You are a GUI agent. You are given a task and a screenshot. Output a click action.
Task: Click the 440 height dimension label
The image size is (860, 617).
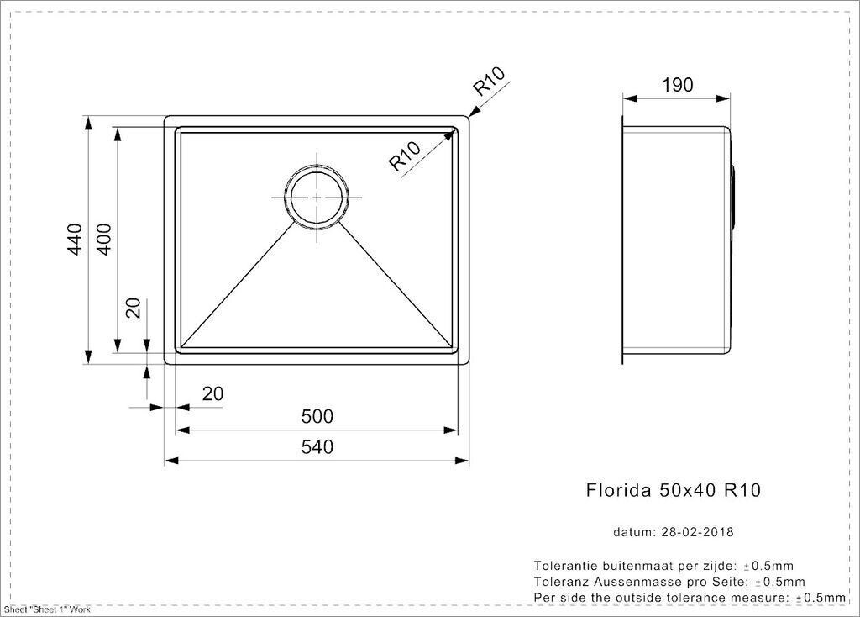coord(75,239)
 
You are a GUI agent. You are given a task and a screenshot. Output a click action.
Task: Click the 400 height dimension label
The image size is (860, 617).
coord(103,239)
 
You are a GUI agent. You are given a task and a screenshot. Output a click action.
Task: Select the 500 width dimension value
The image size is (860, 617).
coord(317,417)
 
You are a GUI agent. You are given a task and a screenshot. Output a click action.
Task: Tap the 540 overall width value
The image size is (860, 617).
coord(317,447)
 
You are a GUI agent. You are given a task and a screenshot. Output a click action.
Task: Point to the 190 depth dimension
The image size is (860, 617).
coord(678,85)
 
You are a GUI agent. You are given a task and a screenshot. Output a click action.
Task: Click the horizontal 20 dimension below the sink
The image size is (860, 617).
coord(212,393)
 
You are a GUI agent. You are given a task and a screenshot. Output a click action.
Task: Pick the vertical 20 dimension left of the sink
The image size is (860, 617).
coord(134,308)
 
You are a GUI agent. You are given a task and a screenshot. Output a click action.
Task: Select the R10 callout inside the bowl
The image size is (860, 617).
coord(405,155)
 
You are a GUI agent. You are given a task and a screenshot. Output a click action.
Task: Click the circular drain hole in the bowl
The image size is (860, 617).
coord(317,171)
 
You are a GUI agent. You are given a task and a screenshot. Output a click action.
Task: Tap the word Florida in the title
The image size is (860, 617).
coord(619,489)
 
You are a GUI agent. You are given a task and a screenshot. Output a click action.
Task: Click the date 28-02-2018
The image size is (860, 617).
coord(697,532)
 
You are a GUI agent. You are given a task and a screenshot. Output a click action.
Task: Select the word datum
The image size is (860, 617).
coord(634,532)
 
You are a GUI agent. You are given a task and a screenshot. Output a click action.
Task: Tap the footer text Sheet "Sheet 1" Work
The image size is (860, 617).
coord(47,609)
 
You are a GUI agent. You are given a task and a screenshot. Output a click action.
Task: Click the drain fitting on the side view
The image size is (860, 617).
coord(732,194)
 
